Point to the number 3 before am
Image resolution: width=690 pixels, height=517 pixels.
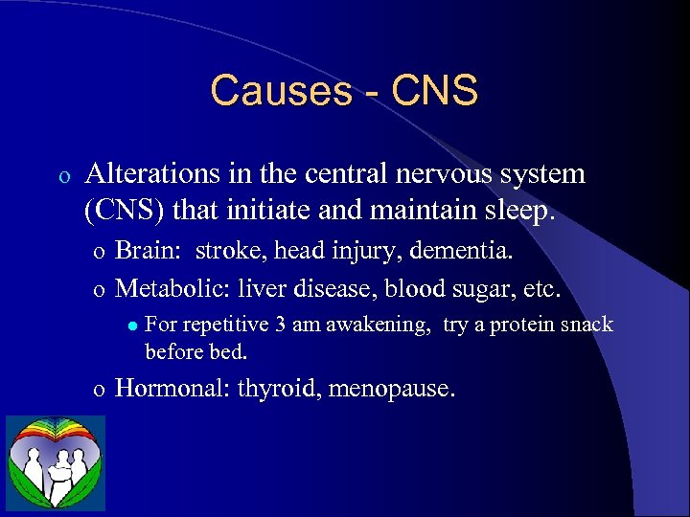[279, 325]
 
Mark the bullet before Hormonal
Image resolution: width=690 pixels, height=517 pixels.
[99, 390]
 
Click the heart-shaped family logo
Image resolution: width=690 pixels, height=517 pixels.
[56, 462]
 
